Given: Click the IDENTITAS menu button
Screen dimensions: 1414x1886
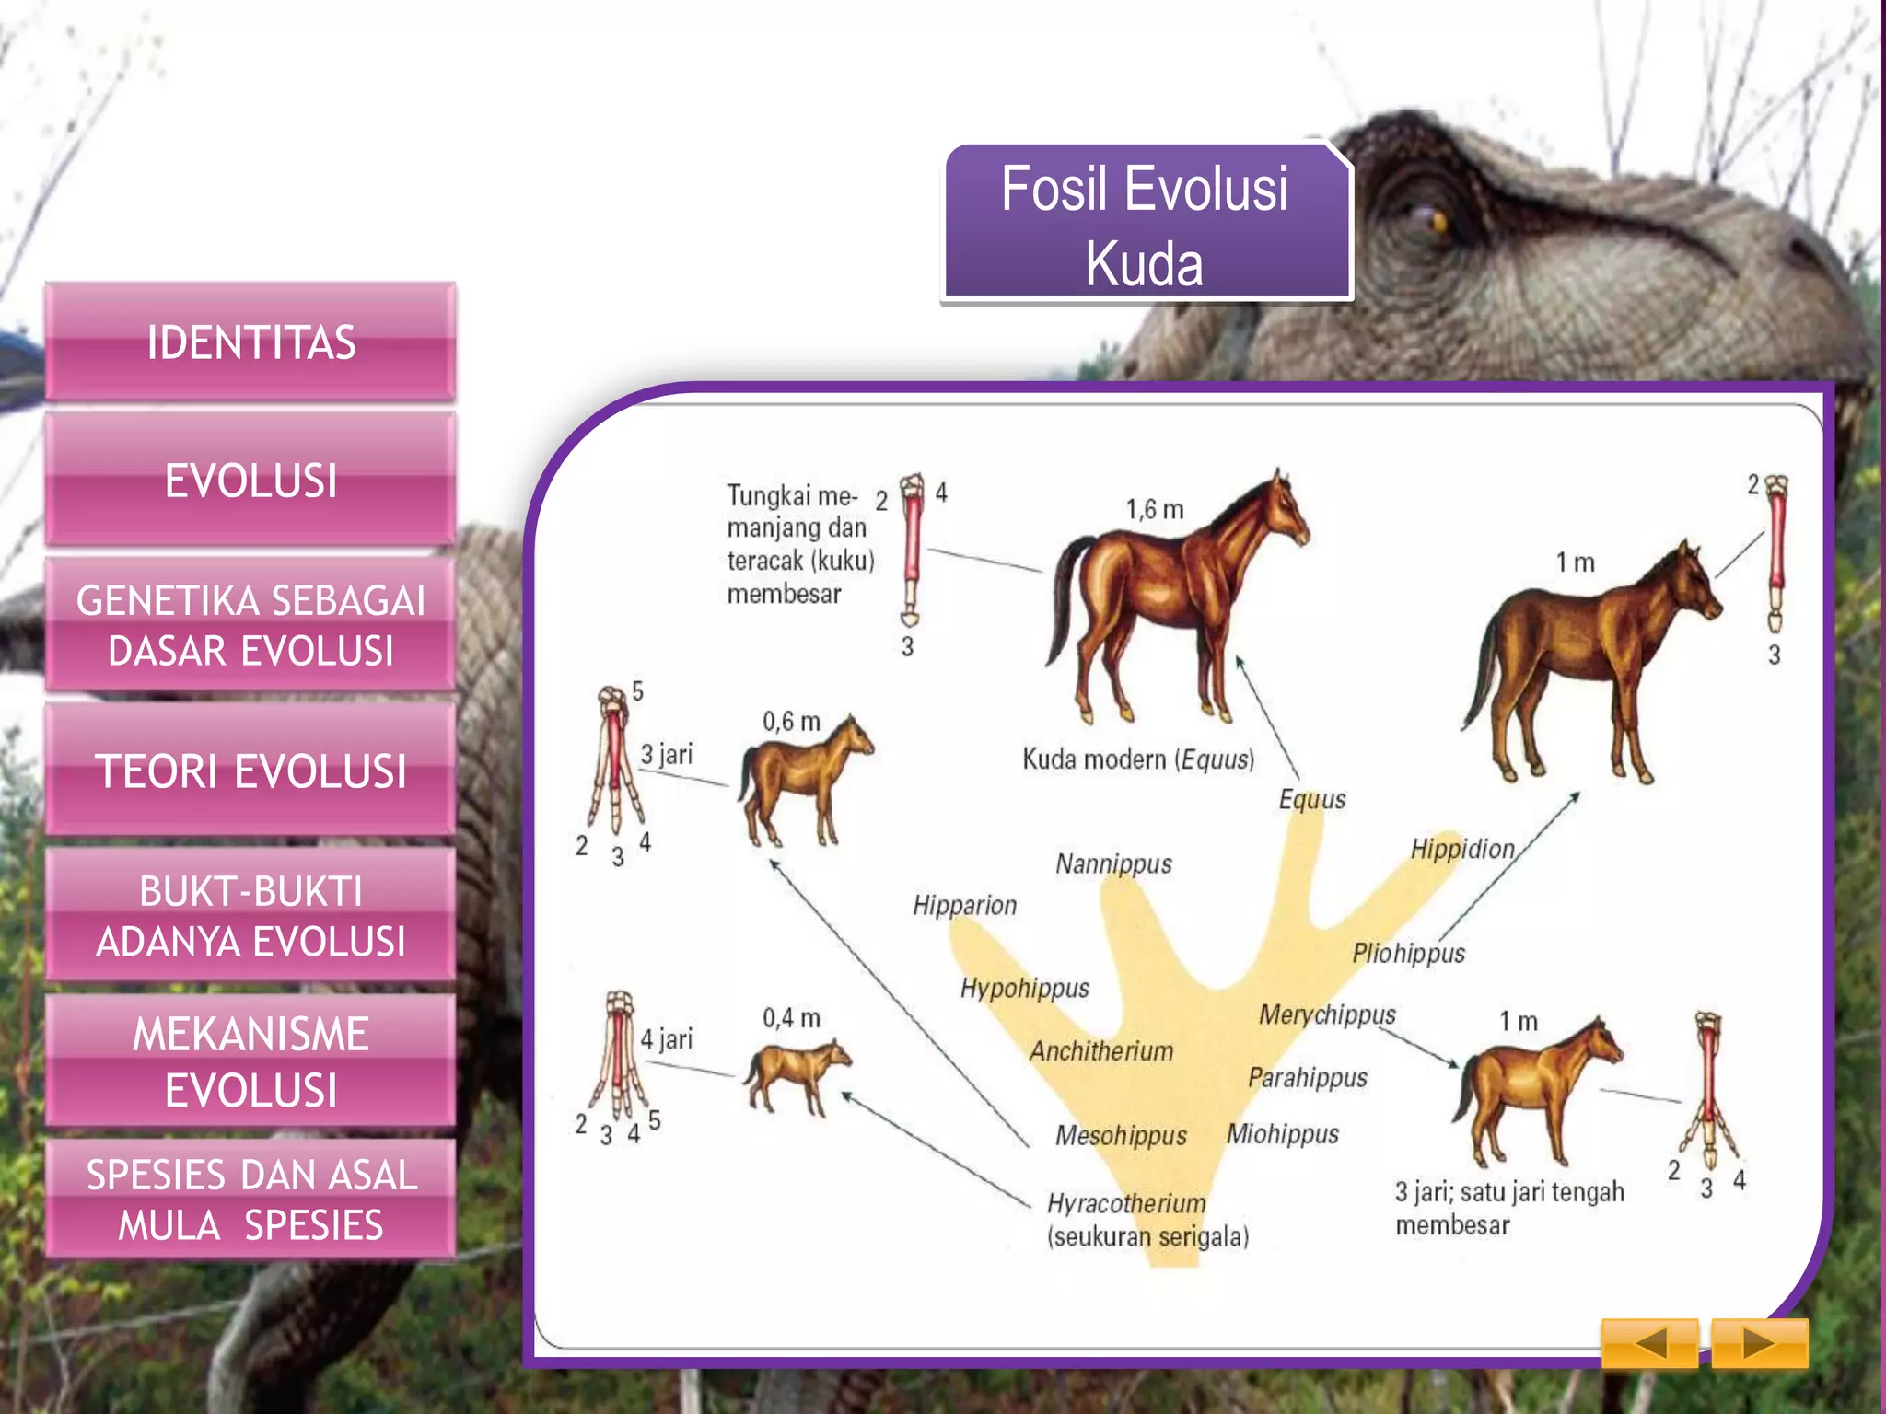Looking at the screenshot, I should point(250,342).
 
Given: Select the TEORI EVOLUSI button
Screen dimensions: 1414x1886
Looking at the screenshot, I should point(250,771).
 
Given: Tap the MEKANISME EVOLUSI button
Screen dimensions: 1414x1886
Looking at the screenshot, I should point(250,1061).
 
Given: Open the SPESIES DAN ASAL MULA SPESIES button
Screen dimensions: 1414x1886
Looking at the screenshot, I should point(250,1200).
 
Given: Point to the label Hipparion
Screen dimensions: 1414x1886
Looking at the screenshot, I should point(964,906).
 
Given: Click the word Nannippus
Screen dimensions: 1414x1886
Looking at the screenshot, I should point(1113,864).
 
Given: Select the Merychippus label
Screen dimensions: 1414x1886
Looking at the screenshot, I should point(1327,1014).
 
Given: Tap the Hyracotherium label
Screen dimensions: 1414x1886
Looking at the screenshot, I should point(1126,1203).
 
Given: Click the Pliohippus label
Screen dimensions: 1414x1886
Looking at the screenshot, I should point(1408,953).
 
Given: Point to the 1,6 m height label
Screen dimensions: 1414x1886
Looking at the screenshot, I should point(1154,510).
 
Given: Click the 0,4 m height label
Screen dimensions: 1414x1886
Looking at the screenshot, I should point(791,1018).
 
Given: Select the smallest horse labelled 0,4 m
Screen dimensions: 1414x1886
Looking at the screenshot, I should point(796,1075).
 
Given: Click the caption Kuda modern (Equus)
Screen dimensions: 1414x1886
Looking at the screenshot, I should point(1138,759).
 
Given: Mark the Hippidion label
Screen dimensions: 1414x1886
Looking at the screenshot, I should point(1462,849).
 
